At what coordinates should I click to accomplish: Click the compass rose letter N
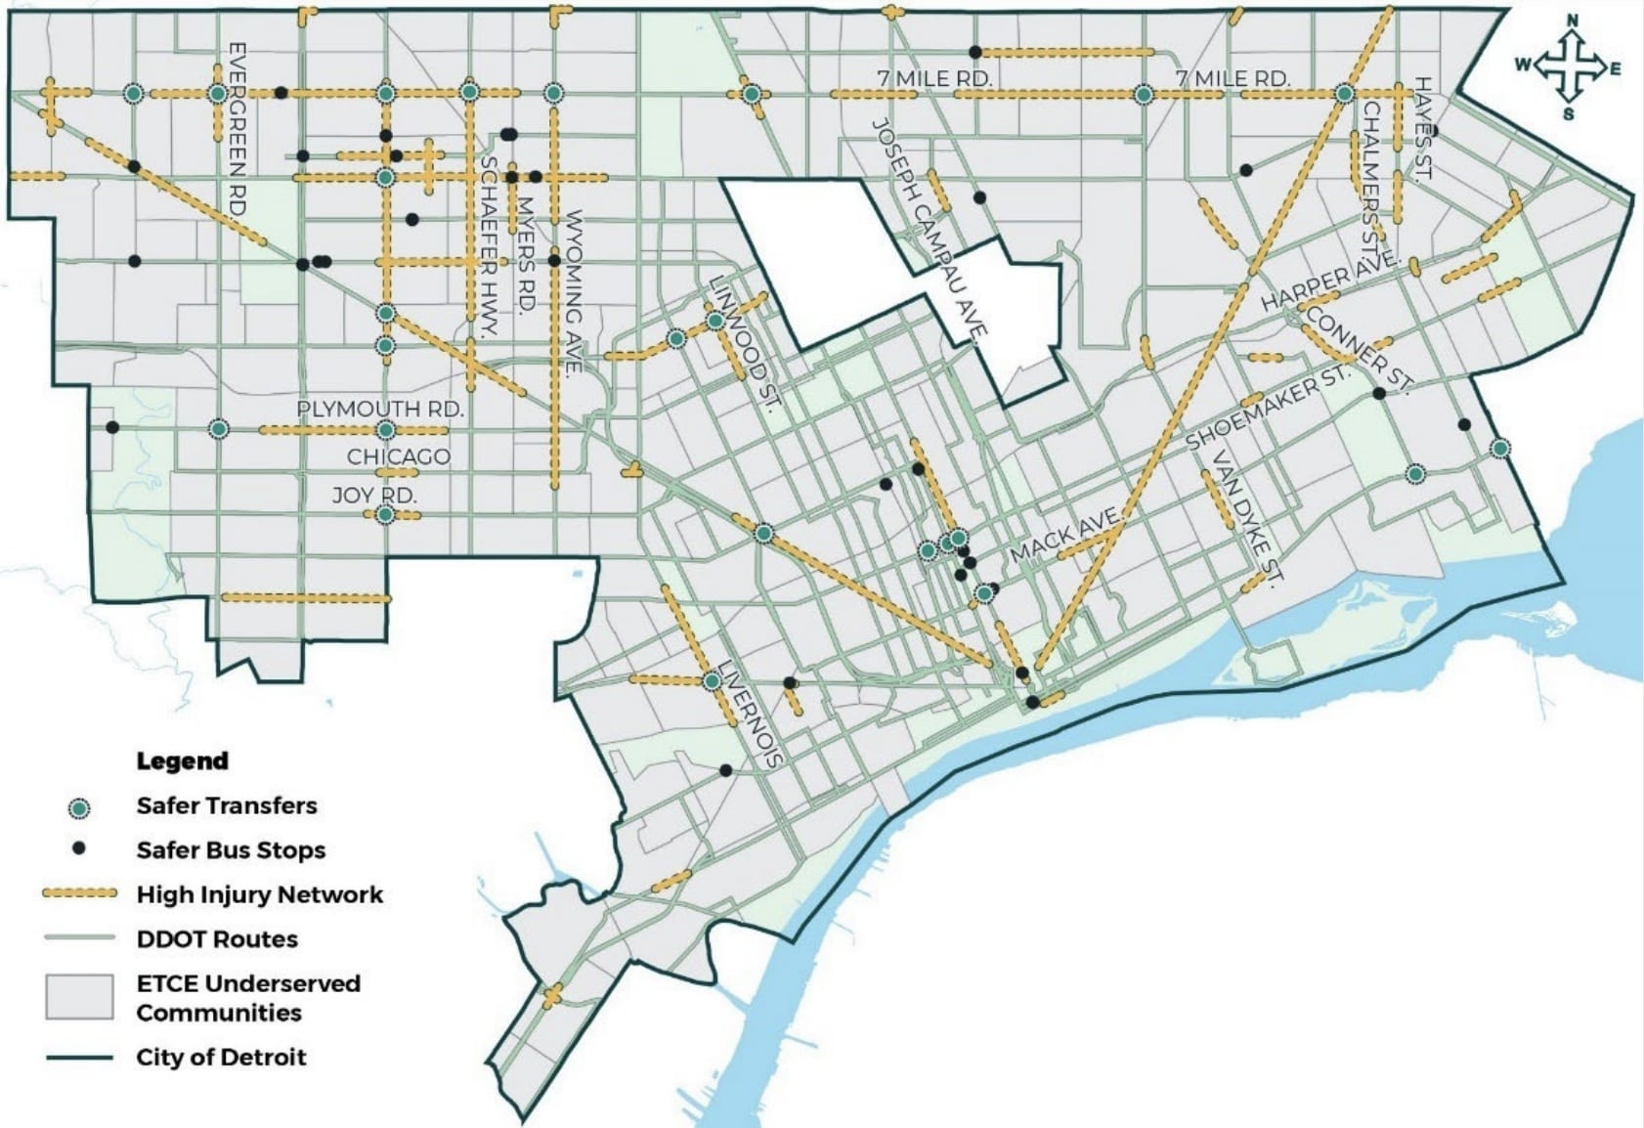click(1573, 21)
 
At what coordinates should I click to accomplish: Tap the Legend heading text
click(182, 760)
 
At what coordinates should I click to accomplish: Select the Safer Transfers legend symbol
click(79, 807)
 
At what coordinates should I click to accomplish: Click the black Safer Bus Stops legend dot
click(80, 848)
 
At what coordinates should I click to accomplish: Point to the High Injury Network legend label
click(259, 894)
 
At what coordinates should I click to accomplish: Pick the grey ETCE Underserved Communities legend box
click(79, 997)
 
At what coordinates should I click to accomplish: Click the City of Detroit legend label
click(221, 1057)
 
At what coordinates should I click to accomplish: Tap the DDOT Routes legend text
click(217, 939)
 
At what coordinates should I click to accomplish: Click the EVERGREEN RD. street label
click(236, 127)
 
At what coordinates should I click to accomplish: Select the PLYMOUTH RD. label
click(379, 409)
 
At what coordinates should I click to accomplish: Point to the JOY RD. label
click(374, 495)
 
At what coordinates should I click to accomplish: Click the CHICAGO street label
click(399, 456)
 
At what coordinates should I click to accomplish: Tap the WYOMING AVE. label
click(573, 291)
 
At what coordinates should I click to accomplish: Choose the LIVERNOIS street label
click(751, 714)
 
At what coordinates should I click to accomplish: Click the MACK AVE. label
click(1063, 535)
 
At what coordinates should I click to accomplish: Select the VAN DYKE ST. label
click(1245, 518)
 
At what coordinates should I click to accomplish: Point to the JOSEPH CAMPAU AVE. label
click(926, 231)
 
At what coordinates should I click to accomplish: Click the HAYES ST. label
click(1422, 128)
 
